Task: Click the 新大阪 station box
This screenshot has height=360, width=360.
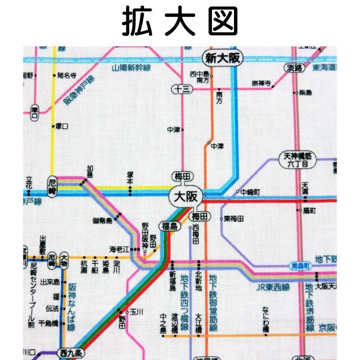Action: coord(222,58)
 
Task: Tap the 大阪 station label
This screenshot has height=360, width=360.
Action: coord(186,197)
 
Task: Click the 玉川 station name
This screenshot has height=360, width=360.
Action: coord(137,311)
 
